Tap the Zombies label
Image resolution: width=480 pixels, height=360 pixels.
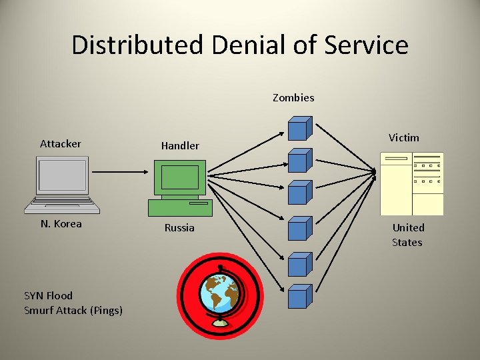point(293,98)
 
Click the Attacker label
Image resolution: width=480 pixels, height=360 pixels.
point(61,144)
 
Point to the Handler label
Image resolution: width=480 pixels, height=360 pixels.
point(180,145)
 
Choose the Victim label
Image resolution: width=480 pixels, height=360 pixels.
point(404,138)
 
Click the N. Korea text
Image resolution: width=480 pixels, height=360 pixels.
point(61,224)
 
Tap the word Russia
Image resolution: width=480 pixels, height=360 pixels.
point(179,228)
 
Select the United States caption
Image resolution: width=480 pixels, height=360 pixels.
point(407,235)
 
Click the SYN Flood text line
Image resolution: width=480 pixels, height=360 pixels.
point(48,295)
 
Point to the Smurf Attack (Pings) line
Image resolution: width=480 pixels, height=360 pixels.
point(73,311)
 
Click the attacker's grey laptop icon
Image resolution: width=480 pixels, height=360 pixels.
point(62,177)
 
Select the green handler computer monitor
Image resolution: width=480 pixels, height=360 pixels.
point(180,178)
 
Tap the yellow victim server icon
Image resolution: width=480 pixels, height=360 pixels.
point(411,183)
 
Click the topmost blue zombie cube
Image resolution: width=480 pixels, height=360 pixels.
point(299,128)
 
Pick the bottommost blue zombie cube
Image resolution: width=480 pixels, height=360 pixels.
point(299,296)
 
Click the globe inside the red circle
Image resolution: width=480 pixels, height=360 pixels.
point(220,295)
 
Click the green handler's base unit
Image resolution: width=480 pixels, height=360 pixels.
point(180,208)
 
